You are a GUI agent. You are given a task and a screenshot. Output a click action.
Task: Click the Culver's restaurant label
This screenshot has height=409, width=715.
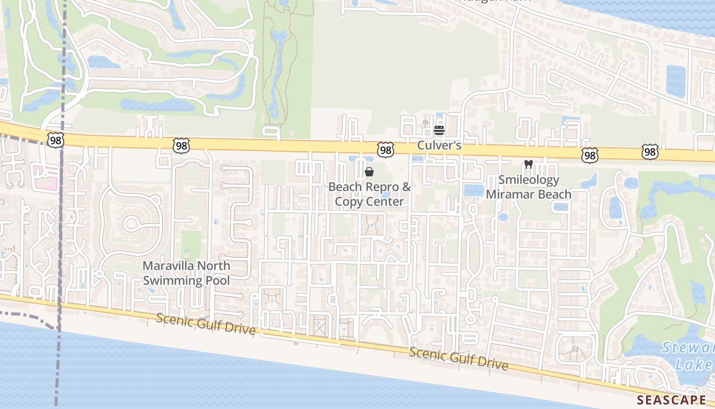click(x=439, y=146)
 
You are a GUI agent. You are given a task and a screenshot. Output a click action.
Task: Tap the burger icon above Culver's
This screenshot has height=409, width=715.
click(x=439, y=131)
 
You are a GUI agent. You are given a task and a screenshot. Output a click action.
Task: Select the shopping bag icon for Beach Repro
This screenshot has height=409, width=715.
click(x=369, y=172)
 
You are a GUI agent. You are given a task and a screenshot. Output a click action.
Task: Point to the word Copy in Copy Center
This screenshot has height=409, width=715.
click(x=350, y=201)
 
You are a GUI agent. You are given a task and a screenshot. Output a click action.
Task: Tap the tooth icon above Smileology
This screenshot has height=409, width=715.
click(x=529, y=165)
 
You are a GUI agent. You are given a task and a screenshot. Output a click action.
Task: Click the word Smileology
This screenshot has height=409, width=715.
click(x=529, y=180)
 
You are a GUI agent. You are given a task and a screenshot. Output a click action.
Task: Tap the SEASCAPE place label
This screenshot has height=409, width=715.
click(x=671, y=399)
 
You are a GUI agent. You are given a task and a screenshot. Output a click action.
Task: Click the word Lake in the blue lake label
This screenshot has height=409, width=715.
click(x=693, y=365)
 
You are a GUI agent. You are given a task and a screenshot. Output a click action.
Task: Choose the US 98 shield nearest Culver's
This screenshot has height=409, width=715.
click(x=386, y=150)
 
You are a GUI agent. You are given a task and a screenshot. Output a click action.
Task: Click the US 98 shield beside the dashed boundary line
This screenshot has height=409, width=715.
click(x=55, y=141)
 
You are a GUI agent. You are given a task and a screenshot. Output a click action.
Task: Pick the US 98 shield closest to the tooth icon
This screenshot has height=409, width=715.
click(x=589, y=155)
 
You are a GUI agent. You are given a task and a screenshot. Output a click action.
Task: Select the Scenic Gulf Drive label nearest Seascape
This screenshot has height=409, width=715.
click(x=458, y=358)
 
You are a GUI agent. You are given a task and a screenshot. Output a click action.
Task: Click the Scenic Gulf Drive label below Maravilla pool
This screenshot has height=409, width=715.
click(x=206, y=324)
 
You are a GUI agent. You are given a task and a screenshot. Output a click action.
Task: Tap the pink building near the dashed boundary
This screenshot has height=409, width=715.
click(x=43, y=177)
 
